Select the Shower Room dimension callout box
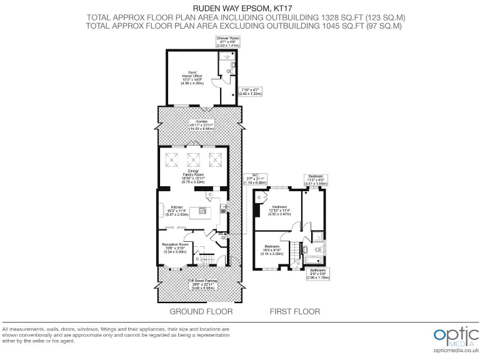click(x=228, y=42)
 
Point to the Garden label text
click(x=201, y=124)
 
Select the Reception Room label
click(x=176, y=247)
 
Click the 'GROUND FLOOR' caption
click(x=201, y=311)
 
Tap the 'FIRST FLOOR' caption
click(x=294, y=311)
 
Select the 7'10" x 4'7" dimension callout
click(x=250, y=91)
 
